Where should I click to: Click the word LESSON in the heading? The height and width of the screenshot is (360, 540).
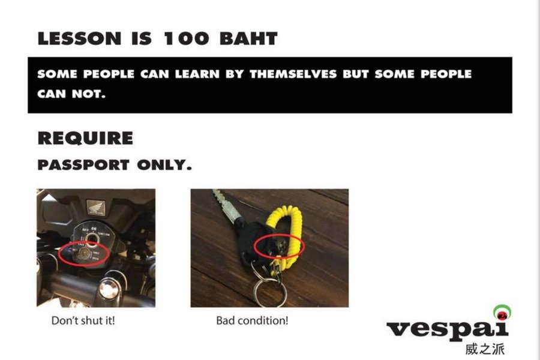click(x=79, y=38)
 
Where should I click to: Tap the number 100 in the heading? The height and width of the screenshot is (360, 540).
click(x=186, y=38)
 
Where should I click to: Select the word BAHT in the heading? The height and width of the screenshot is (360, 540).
click(x=248, y=38)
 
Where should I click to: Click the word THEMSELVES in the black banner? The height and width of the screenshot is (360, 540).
click(x=293, y=74)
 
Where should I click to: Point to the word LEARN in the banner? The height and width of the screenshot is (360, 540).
click(x=197, y=74)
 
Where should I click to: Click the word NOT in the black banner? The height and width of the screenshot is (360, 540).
click(x=89, y=94)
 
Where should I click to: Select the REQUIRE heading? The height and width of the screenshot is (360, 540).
click(x=85, y=138)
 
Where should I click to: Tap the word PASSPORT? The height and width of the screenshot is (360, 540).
click(x=83, y=165)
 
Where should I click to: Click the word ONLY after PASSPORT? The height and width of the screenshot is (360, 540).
click(x=164, y=165)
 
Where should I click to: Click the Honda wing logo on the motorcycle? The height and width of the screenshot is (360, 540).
click(x=95, y=208)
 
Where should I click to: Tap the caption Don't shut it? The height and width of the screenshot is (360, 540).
click(x=83, y=321)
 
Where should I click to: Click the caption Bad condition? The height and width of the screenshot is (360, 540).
click(x=252, y=321)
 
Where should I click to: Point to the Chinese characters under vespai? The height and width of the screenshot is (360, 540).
click(x=485, y=349)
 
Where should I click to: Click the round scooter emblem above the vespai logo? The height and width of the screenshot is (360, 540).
click(x=502, y=313)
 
